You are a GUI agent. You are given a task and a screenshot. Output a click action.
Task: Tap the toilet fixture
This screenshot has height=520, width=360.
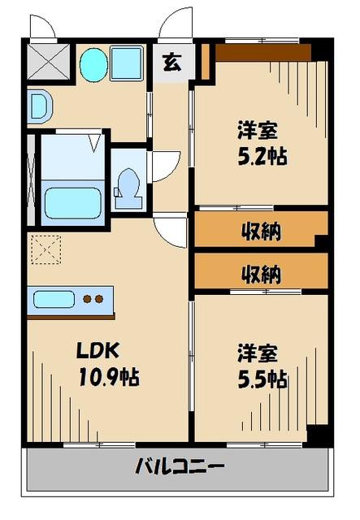tap(127, 182)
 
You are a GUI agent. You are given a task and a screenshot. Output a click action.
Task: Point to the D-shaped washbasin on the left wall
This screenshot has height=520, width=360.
tap(38, 105)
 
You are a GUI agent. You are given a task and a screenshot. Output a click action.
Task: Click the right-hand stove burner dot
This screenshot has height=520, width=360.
tap(100, 298)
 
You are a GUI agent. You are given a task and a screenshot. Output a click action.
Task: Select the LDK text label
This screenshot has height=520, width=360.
tap(98, 351)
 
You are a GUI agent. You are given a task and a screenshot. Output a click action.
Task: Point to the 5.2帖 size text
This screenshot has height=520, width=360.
tap(262, 154)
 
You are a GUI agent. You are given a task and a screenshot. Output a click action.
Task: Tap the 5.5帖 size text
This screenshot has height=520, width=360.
tap(262, 379)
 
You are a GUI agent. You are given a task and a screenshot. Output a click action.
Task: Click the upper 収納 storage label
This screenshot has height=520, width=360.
tap(260, 232)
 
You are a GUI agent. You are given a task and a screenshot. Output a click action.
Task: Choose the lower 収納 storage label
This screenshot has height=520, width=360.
tap(260, 274)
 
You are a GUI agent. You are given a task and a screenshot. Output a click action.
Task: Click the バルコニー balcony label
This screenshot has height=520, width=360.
tap(180, 468)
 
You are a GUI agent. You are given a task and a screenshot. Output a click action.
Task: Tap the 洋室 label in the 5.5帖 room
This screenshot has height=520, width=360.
tap(258, 353)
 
